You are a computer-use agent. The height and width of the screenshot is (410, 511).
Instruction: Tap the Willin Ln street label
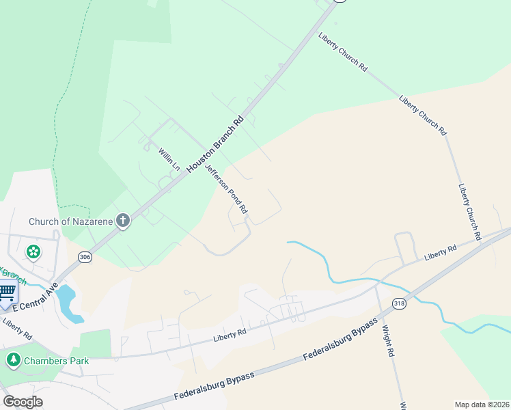tap(169, 159)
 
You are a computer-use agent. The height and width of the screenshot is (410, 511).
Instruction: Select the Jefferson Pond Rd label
tap(226, 189)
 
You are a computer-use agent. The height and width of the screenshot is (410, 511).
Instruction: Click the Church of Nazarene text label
tap(70, 221)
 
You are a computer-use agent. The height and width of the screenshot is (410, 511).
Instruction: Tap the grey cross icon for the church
tap(123, 220)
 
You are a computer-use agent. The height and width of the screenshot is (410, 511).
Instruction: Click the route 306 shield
tap(85, 257)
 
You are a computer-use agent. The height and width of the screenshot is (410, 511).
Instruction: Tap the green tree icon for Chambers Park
tap(13, 359)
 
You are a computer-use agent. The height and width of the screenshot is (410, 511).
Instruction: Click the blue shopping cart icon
tap(7, 292)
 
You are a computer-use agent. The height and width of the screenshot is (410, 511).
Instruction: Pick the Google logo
tap(23, 402)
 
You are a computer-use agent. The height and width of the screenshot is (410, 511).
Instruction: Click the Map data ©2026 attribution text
tap(482, 405)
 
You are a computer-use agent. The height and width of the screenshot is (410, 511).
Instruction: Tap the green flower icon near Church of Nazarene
tap(33, 252)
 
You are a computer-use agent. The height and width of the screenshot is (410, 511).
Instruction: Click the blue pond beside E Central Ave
tap(67, 303)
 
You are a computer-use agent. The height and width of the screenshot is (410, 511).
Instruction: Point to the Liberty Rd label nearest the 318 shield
tap(440, 252)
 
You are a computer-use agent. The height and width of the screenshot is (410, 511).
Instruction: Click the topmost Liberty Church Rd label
tap(343, 51)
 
